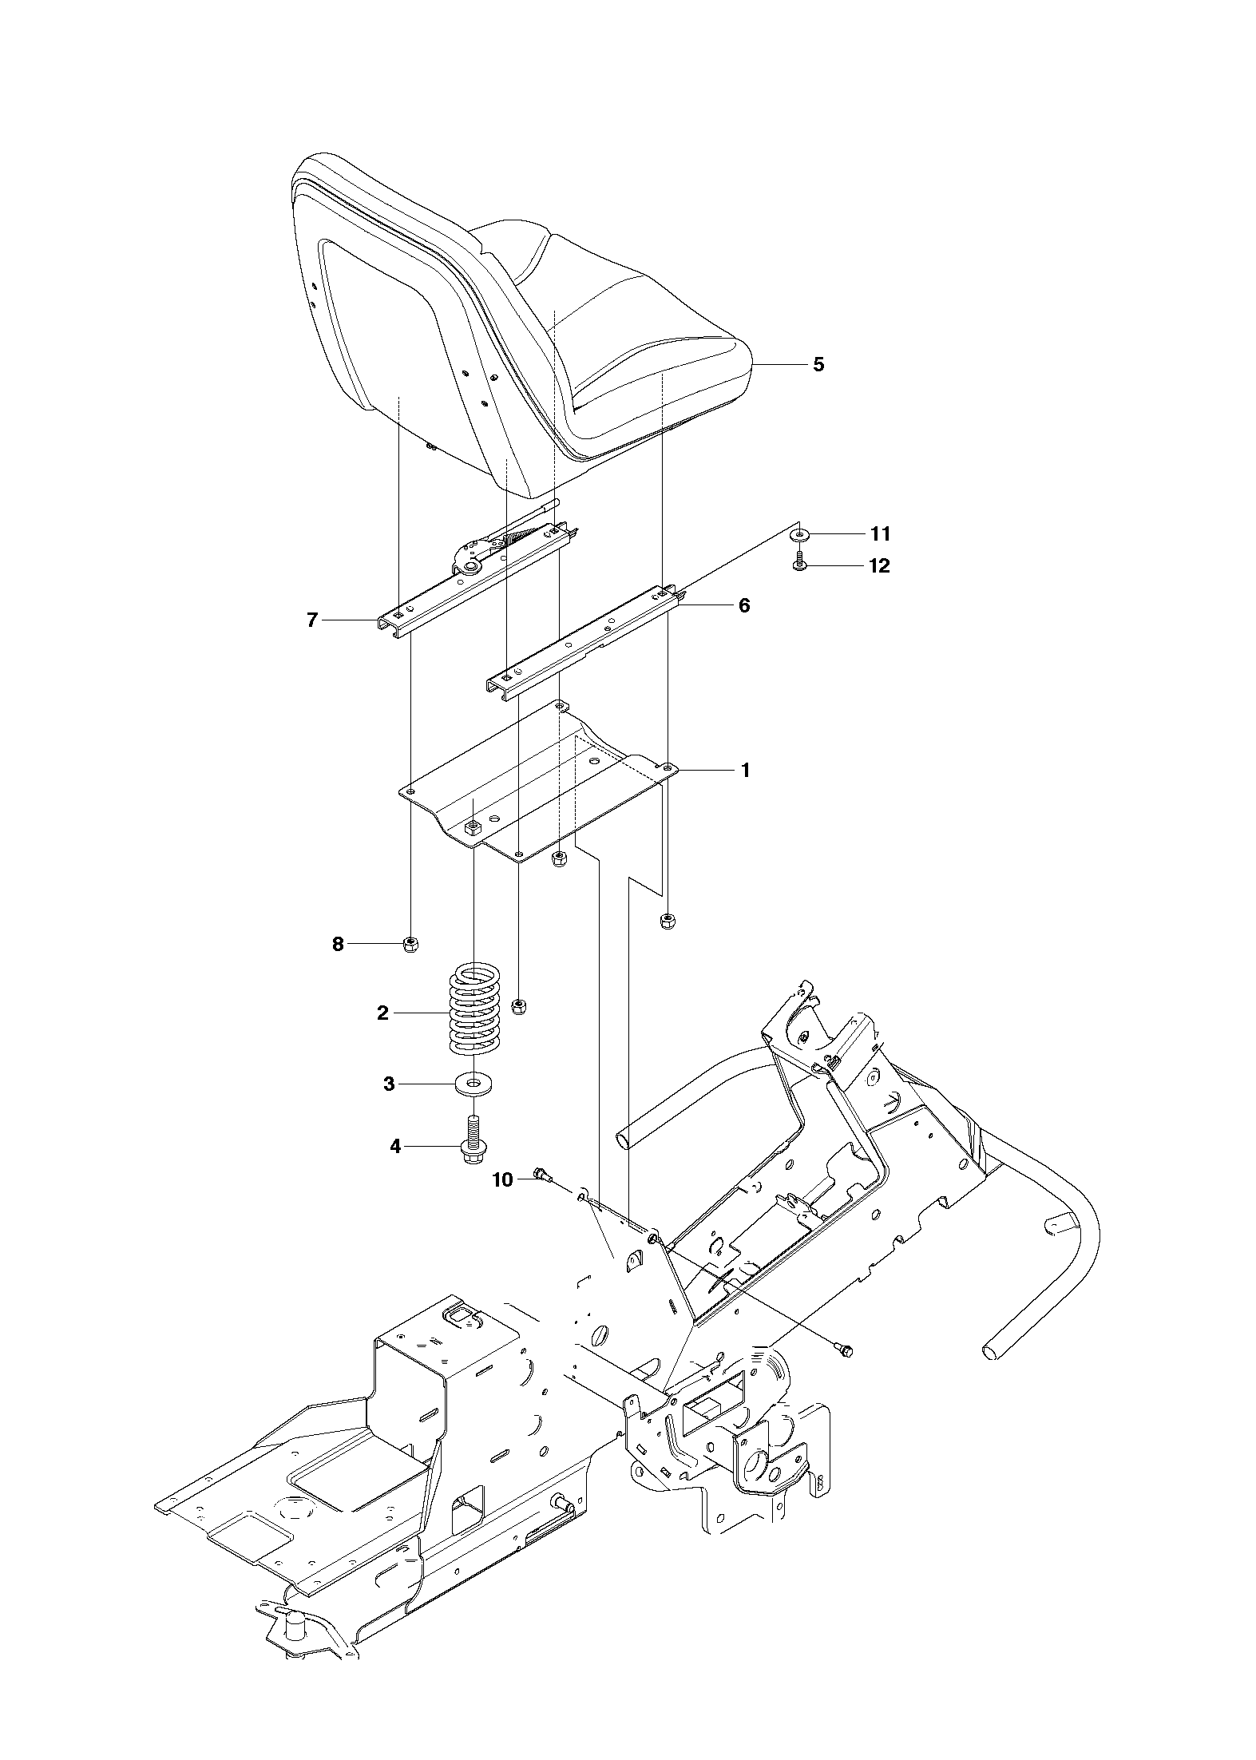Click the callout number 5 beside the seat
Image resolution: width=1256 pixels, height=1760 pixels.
click(818, 365)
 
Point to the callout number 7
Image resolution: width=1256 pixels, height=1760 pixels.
click(312, 620)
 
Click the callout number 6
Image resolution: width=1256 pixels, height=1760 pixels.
click(743, 605)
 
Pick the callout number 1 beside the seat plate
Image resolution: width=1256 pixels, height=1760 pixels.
click(745, 771)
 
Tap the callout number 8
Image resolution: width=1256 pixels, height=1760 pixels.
click(338, 945)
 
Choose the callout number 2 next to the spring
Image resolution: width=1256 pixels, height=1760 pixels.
click(383, 1013)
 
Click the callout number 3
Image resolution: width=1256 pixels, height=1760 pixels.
click(390, 1084)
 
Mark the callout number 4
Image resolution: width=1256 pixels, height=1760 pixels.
click(394, 1147)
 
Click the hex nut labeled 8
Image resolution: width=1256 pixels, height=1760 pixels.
click(412, 945)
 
